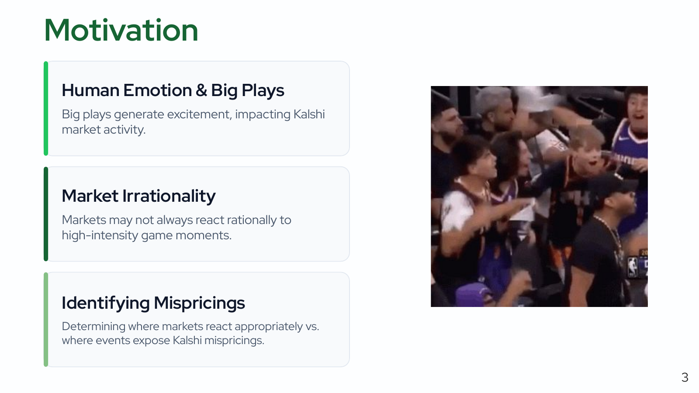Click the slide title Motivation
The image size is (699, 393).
[121, 30]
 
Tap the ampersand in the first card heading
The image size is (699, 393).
[201, 90]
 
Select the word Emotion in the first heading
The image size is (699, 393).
[158, 90]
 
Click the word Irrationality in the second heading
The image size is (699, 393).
[169, 196]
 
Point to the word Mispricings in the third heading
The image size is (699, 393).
[199, 303]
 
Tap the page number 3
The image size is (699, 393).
[685, 377]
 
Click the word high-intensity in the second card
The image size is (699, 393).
[100, 235]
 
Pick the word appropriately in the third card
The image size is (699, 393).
[268, 327]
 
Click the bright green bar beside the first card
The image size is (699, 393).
[46, 109]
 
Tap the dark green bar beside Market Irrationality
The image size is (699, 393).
[46, 214]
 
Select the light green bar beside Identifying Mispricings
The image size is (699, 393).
[46, 319]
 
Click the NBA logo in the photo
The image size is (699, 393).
[633, 266]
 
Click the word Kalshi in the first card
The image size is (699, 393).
[309, 114]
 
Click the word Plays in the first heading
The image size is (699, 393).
[263, 90]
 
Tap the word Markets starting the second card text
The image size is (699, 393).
[84, 220]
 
